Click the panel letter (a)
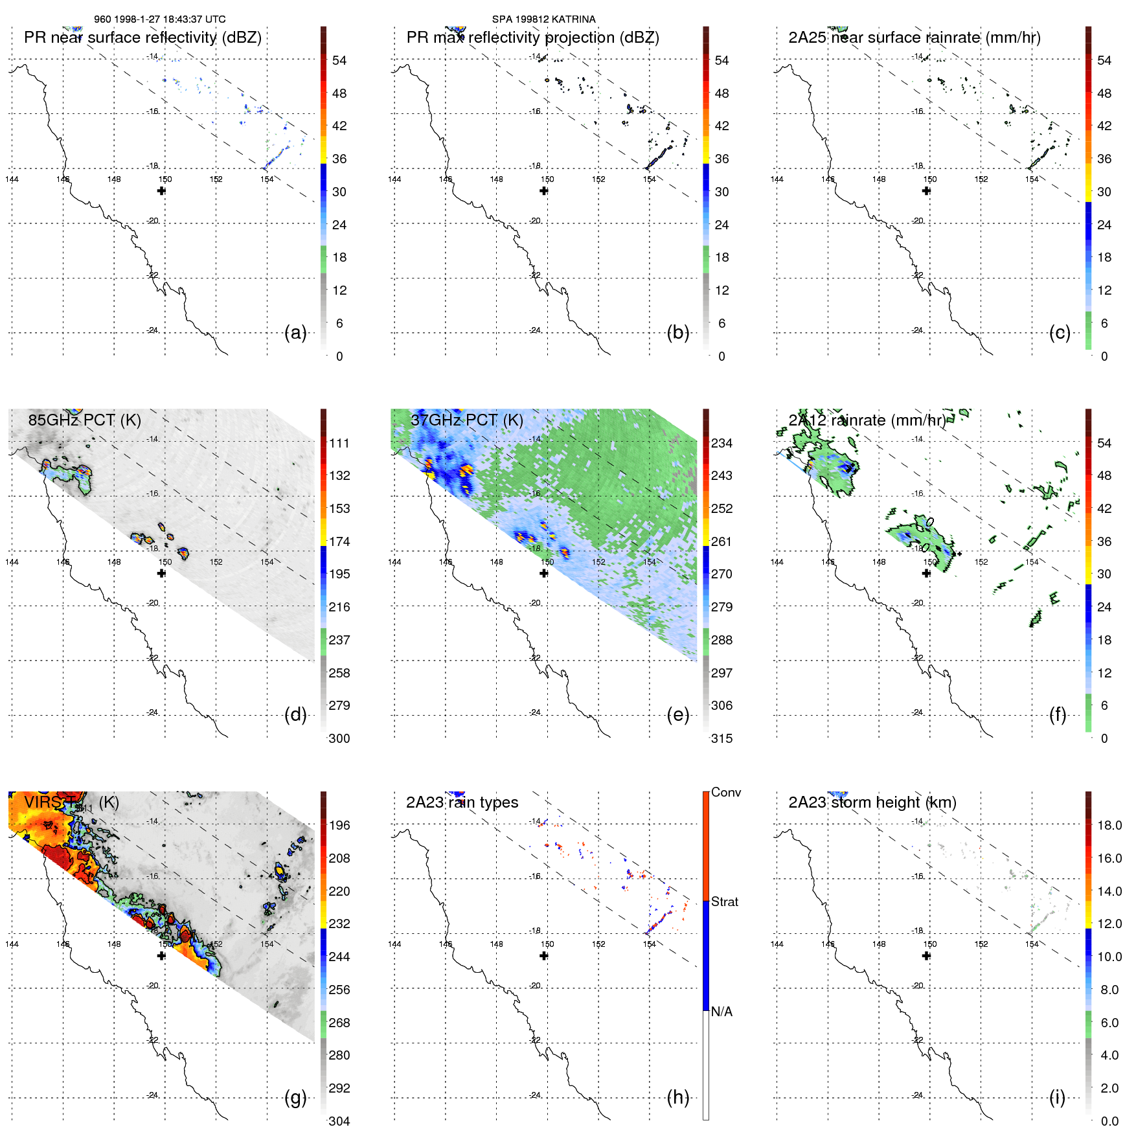295,333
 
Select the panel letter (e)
677,715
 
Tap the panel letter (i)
1057,1098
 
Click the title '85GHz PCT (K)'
84,420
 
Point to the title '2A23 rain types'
462,802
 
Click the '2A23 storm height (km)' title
872,802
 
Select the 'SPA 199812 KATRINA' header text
543,19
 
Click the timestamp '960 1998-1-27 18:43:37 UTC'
160,19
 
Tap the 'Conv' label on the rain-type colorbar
726,792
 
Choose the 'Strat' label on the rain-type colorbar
725,902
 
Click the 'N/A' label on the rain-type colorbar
721,1012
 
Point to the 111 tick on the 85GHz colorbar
339,443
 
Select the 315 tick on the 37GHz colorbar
721,738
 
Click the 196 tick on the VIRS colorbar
339,825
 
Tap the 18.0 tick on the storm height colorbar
1109,825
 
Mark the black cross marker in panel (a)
161,190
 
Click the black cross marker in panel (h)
544,956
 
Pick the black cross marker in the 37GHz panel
544,573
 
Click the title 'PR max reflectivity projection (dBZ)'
532,38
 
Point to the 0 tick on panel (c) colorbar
1104,356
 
